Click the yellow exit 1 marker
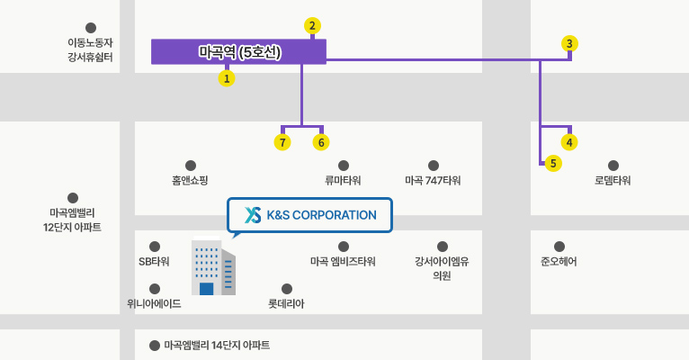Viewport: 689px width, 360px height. pyautogui.click(x=227, y=78)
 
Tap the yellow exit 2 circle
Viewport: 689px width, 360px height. pyautogui.click(x=312, y=26)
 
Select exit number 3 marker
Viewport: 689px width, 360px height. pyautogui.click(x=569, y=43)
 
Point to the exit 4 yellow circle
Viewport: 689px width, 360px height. pyautogui.click(x=569, y=142)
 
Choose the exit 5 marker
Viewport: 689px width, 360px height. pyautogui.click(x=553, y=164)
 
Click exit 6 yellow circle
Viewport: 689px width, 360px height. pyautogui.click(x=321, y=142)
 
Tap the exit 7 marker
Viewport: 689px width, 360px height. pyautogui.click(x=282, y=142)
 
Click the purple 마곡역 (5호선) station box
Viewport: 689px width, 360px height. pyautogui.click(x=238, y=52)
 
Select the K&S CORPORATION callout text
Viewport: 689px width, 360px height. pyautogui.click(x=322, y=215)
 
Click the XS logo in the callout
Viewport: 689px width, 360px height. pyautogui.click(x=253, y=214)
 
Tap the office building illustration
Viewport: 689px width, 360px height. pyautogui.click(x=213, y=266)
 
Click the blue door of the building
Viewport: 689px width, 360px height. pyautogui.click(x=207, y=289)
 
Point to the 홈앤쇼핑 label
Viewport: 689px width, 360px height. pyautogui.click(x=190, y=180)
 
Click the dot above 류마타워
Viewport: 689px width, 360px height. pyautogui.click(x=344, y=166)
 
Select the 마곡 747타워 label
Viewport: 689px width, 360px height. pyautogui.click(x=433, y=180)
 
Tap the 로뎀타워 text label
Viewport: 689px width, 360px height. pyautogui.click(x=613, y=180)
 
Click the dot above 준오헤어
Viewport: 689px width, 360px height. pyautogui.click(x=559, y=247)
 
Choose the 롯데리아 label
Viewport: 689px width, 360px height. pyautogui.click(x=286, y=303)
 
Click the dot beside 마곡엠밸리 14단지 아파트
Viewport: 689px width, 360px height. pyautogui.click(x=155, y=346)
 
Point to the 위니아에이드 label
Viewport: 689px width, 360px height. pyautogui.click(x=154, y=303)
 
